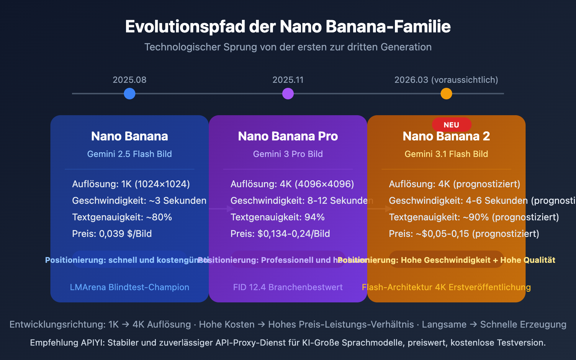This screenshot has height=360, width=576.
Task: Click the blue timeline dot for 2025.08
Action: (x=130, y=94)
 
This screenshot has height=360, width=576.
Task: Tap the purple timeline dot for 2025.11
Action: (x=288, y=94)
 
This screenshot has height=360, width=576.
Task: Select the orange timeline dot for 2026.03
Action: (x=446, y=94)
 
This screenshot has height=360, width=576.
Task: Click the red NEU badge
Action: (x=451, y=125)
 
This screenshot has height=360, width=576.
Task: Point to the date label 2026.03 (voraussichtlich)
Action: (x=446, y=80)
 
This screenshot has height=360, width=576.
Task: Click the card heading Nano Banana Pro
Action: (x=288, y=136)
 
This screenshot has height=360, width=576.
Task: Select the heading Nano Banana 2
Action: (x=446, y=136)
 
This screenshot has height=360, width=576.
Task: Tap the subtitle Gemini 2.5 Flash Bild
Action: (x=130, y=154)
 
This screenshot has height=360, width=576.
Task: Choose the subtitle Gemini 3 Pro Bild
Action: (x=288, y=154)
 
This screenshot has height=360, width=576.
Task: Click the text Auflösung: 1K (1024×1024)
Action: (x=131, y=184)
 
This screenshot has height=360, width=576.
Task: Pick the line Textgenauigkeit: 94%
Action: (x=278, y=217)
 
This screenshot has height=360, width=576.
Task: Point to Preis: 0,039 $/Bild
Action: (x=112, y=234)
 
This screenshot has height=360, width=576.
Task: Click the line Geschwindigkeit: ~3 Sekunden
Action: (x=139, y=201)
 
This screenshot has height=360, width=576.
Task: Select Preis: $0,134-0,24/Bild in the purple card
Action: (x=280, y=234)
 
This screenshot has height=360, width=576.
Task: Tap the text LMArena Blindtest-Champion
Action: (x=130, y=287)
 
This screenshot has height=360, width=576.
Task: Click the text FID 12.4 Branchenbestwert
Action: (x=288, y=287)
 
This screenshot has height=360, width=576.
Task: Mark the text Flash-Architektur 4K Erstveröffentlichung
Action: (x=446, y=287)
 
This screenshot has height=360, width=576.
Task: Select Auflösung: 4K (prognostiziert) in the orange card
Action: (x=455, y=184)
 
